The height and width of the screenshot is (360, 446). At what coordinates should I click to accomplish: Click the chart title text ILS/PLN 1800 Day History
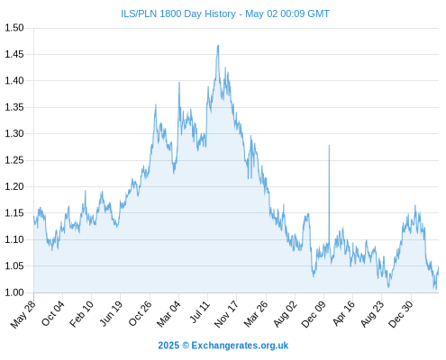178,13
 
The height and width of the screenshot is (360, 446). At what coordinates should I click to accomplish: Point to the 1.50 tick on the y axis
14,28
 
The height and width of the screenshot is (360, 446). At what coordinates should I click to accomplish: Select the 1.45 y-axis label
14,54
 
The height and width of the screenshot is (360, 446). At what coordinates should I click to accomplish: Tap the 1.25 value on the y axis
14,160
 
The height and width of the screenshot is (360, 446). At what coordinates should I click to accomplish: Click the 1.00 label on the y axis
14,292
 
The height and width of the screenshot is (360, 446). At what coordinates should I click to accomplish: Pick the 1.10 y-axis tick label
14,239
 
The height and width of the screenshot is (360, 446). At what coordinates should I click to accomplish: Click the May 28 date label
23,314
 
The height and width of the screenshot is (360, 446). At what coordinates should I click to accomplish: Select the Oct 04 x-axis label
53,313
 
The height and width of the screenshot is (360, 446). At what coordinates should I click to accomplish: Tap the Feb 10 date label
82,313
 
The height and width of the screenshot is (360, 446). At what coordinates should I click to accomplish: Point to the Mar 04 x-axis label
168,314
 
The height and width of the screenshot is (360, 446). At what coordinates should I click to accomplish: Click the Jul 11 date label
199,312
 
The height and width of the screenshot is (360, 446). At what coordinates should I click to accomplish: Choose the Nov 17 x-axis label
226,314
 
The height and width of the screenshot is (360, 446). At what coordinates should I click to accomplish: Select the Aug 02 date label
286,314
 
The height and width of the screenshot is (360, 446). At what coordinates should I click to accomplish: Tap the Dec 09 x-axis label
314,314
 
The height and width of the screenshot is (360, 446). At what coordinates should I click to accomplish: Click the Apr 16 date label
344,313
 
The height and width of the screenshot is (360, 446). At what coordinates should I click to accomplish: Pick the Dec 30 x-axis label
401,314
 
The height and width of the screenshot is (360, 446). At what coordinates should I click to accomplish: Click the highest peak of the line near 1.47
218,45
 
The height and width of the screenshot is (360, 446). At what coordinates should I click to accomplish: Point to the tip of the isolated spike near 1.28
329,145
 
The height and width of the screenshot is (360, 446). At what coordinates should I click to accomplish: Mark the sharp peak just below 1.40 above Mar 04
179,82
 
